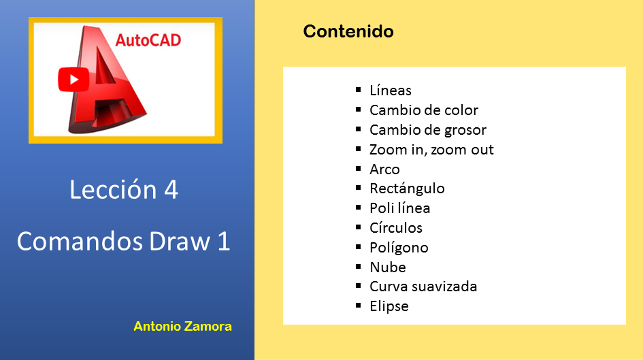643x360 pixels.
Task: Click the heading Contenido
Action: pyautogui.click(x=348, y=31)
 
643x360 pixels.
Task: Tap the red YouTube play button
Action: pyautogui.click(x=73, y=80)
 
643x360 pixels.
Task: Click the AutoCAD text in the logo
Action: pyautogui.click(x=148, y=40)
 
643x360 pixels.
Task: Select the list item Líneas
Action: pyautogui.click(x=391, y=91)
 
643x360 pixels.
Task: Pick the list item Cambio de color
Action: pyautogui.click(x=424, y=110)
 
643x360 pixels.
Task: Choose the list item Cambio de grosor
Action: pyautogui.click(x=428, y=130)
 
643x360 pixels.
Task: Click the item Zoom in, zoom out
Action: pyautogui.click(x=431, y=150)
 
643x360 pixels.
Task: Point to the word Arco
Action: pyautogui.click(x=384, y=169)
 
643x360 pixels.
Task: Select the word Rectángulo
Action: pyautogui.click(x=407, y=189)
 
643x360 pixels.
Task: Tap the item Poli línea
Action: pyautogui.click(x=400, y=208)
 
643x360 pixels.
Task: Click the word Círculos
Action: pyautogui.click(x=396, y=228)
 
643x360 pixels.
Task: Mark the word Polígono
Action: pyautogui.click(x=399, y=248)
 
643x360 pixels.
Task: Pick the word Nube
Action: pyautogui.click(x=388, y=267)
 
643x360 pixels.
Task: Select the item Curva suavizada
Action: pyautogui.click(x=423, y=287)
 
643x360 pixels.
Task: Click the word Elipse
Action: pyautogui.click(x=389, y=306)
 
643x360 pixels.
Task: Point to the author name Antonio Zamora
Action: pyautogui.click(x=182, y=327)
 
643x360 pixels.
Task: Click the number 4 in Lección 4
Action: pyautogui.click(x=171, y=190)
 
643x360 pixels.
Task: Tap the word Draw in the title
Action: pyautogui.click(x=180, y=241)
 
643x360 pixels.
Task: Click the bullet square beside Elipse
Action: pyautogui.click(x=359, y=305)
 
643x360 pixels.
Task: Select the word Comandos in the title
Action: pyautogui.click(x=80, y=241)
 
